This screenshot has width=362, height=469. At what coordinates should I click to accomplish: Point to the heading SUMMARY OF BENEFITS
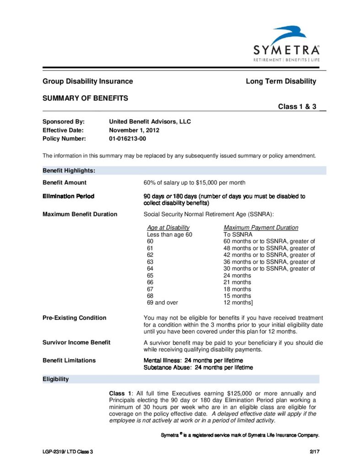point(85,98)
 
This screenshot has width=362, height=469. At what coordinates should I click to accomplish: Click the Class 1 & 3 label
point(297,107)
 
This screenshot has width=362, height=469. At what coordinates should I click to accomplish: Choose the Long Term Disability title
point(281,82)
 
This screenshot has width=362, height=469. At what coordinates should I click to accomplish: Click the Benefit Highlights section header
point(69,170)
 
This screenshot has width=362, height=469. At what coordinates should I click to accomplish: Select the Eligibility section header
point(56,379)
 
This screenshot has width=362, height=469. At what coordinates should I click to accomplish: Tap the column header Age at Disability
point(168,228)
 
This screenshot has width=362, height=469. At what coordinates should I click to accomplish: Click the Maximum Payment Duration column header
point(261,228)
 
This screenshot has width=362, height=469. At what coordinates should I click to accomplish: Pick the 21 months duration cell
point(237,282)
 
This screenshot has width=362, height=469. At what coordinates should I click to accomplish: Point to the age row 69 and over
point(162,303)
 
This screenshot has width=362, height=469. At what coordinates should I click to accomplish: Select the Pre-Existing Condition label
point(75,318)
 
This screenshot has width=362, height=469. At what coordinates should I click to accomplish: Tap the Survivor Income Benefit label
point(76,343)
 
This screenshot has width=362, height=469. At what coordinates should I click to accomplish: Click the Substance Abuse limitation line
point(198,367)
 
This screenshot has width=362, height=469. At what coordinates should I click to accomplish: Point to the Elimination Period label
point(69,196)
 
